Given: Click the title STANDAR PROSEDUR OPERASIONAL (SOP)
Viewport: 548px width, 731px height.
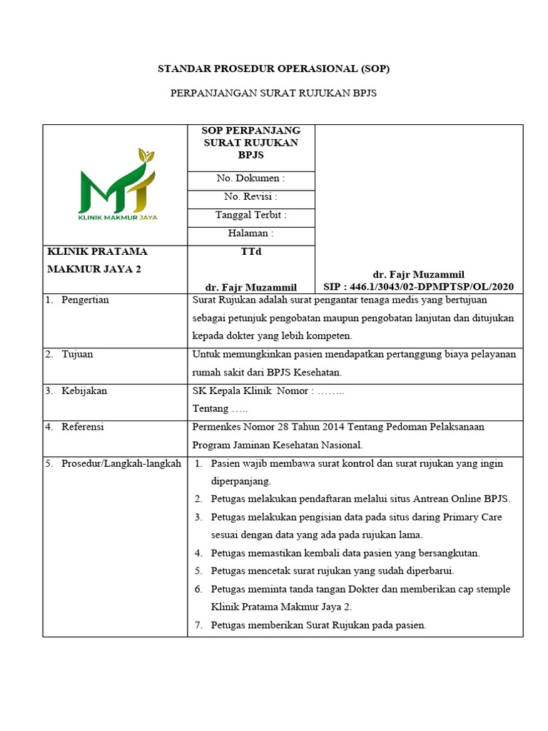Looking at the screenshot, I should click(x=273, y=69).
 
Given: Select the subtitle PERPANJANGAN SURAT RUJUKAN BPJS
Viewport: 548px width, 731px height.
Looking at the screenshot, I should click(x=273, y=94).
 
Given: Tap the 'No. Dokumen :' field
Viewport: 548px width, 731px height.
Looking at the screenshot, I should click(x=250, y=178).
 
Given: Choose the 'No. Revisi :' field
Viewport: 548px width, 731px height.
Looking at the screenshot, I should click(x=250, y=197).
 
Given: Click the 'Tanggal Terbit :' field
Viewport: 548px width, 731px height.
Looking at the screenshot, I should click(x=250, y=215).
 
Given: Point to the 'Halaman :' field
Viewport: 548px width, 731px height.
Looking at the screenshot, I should click(x=250, y=233).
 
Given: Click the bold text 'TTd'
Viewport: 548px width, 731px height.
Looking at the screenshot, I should click(x=250, y=251).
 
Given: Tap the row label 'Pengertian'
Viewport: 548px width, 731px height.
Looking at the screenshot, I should click(x=85, y=300).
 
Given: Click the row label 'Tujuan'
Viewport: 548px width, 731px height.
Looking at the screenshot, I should click(x=77, y=354).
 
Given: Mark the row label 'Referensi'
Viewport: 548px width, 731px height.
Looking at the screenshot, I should click(x=83, y=427).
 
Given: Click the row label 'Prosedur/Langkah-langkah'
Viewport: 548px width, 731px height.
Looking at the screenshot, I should click(x=121, y=463).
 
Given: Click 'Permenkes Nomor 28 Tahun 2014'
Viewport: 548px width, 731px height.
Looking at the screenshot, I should click(x=268, y=427).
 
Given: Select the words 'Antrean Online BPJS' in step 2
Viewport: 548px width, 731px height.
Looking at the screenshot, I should click(x=465, y=498).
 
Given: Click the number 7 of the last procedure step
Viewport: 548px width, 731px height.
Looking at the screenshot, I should click(x=198, y=625).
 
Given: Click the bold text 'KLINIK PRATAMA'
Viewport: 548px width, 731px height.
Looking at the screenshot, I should click(x=97, y=251).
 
